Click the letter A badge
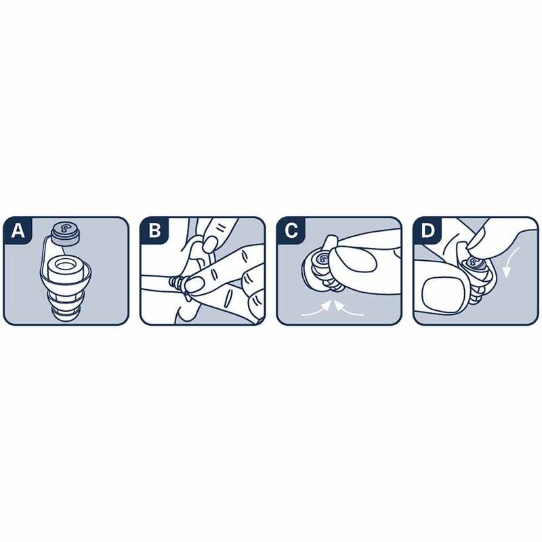pos(18,230)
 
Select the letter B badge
pos(154,230)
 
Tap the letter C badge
pos(291,230)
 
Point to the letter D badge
pos(428,230)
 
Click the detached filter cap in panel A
pos(66,233)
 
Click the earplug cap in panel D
pos(475,262)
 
